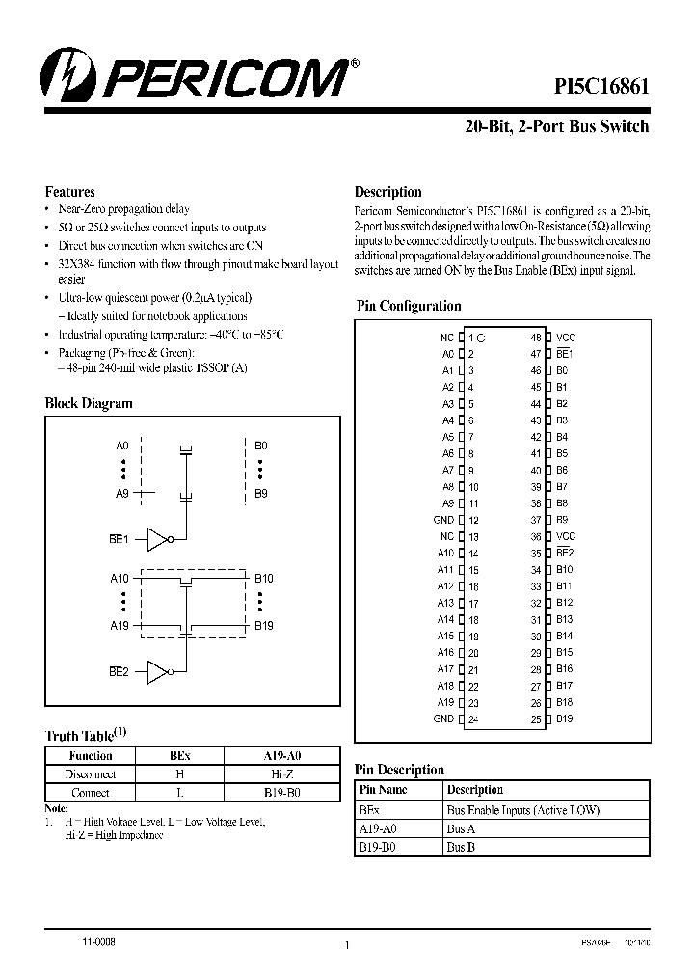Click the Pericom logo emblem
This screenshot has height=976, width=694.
tap(67, 76)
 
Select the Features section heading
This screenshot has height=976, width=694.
tap(70, 192)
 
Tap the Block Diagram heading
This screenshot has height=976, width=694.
tap(89, 403)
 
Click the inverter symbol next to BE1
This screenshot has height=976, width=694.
tap(158, 540)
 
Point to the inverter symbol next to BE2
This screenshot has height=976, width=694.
tap(158, 671)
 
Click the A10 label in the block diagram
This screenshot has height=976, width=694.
tap(120, 578)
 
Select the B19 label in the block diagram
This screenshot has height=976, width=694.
tap(264, 625)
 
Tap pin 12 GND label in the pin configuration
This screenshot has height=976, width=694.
tap(443, 520)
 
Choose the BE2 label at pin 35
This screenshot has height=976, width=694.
tap(565, 553)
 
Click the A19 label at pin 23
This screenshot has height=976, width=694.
tap(445, 702)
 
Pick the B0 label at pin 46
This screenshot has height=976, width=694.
tap(562, 370)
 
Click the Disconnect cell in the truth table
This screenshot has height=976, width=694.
tap(91, 774)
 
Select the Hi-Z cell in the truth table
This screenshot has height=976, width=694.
tap(282, 774)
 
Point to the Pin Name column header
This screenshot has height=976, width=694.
tap(382, 789)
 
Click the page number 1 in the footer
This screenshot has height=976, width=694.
tap(345, 945)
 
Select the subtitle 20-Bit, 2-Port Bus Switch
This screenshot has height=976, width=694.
tap(557, 126)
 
